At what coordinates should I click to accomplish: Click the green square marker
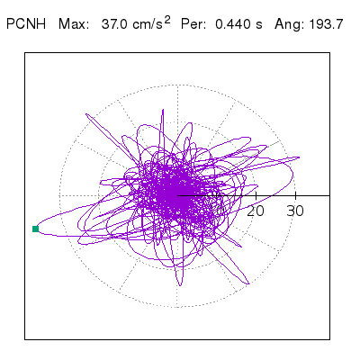(x=35, y=229)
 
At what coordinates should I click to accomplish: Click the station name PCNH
(x=26, y=24)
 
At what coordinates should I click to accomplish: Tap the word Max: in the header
(x=74, y=24)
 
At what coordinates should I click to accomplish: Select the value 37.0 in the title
(x=113, y=24)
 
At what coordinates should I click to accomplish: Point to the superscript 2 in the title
(x=167, y=20)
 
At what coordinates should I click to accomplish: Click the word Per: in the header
(x=193, y=24)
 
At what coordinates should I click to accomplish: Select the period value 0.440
(x=232, y=24)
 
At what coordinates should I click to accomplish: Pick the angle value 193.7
(x=324, y=24)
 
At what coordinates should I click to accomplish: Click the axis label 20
(x=256, y=211)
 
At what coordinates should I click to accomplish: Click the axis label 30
(x=295, y=211)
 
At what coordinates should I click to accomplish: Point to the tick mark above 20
(x=256, y=195)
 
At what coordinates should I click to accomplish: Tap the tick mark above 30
(x=296, y=195)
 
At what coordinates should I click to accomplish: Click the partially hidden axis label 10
(x=218, y=211)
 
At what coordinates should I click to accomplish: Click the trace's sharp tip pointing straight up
(x=163, y=110)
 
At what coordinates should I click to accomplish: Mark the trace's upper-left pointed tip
(x=86, y=114)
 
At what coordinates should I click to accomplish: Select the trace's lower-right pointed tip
(x=248, y=283)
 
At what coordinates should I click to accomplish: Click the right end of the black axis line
(x=329, y=195)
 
